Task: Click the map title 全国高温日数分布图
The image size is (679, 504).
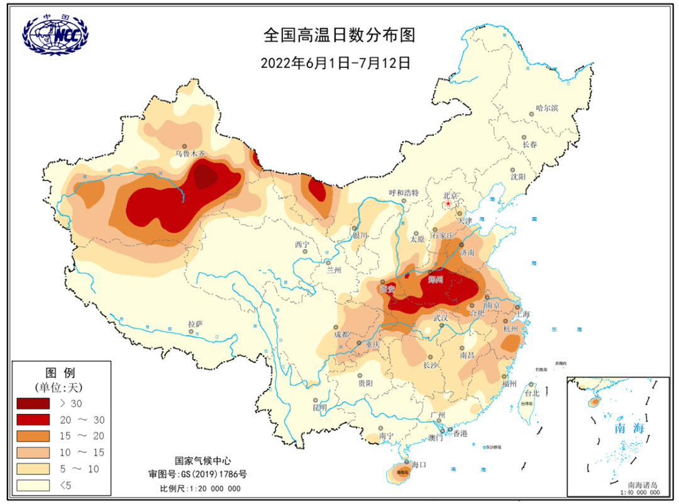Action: click(x=339, y=35)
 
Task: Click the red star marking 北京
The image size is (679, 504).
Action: click(x=448, y=204)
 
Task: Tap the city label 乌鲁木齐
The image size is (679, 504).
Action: click(x=190, y=153)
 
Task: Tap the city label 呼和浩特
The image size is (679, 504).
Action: click(x=404, y=193)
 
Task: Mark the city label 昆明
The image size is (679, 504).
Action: click(x=319, y=407)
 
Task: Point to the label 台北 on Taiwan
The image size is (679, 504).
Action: click(x=532, y=393)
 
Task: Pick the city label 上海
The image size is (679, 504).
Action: click(x=522, y=313)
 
